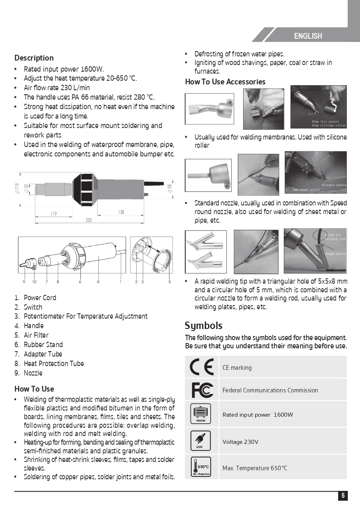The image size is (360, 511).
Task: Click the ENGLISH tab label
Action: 308,36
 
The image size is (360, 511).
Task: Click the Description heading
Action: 34,58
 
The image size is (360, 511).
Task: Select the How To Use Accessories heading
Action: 225,82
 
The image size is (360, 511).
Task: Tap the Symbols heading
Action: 203,326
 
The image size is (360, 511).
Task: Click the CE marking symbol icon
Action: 202,367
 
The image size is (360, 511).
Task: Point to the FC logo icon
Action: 202,390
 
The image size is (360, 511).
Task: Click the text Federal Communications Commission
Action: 270,390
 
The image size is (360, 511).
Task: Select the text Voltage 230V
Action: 240,442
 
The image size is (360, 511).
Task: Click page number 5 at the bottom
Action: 343,496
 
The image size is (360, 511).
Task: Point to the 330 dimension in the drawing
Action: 88,220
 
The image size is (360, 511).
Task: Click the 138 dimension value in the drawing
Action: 121,212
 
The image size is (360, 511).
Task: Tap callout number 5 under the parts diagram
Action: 170,282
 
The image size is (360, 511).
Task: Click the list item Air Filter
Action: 36,335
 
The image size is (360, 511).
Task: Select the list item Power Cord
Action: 40,298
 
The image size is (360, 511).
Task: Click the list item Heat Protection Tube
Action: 53,364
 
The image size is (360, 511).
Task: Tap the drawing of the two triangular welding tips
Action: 206,252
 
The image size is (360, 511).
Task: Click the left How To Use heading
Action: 34,389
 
